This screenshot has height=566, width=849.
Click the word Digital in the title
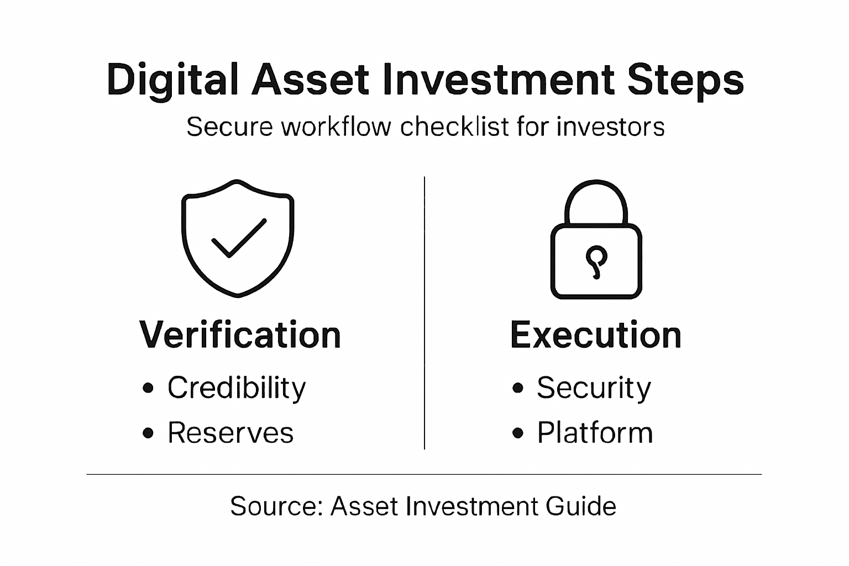(x=172, y=81)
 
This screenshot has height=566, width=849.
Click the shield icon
(x=238, y=238)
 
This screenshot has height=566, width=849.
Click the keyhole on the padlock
(x=596, y=260)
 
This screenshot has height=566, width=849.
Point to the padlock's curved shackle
(x=596, y=193)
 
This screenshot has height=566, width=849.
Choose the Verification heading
(x=240, y=335)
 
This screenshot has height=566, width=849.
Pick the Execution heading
(x=596, y=335)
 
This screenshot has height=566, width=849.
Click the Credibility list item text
(x=237, y=388)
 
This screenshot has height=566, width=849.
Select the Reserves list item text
(x=230, y=433)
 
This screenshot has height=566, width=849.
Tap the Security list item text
(x=594, y=388)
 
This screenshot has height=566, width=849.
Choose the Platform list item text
(x=595, y=433)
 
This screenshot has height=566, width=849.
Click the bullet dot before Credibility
(x=148, y=388)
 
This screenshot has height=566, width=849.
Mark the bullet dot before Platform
(x=517, y=433)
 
